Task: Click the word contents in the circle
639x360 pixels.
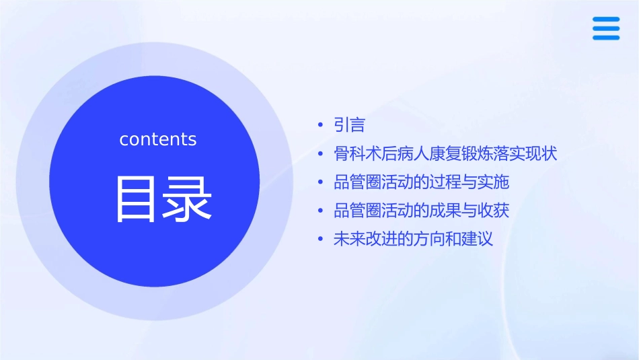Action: point(158,139)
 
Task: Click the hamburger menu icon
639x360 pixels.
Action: point(606,28)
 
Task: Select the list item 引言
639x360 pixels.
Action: point(349,125)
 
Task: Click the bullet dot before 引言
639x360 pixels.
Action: point(321,125)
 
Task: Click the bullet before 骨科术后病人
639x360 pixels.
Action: point(321,154)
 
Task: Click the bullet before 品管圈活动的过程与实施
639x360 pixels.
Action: point(321,182)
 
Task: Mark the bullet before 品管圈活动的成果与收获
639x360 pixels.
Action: point(321,211)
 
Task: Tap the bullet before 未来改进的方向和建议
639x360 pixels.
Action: point(321,239)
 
